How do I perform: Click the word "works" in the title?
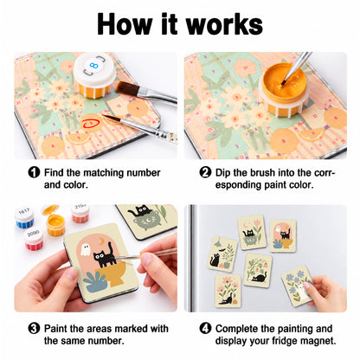click(224, 24)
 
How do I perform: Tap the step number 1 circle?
click(34, 172)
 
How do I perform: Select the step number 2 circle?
click(205, 172)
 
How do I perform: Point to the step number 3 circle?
click(34, 328)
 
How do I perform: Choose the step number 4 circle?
click(205, 328)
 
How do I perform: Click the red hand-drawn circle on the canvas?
click(91, 123)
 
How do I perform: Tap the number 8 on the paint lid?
click(93, 66)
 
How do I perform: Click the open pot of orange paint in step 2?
click(284, 89)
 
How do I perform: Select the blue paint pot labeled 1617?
click(24, 218)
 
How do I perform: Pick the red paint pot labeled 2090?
click(34, 240)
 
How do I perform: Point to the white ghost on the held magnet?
click(85, 250)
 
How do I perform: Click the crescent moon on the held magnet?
click(100, 241)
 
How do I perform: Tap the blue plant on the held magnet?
click(93, 282)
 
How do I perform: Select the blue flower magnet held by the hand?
click(297, 286)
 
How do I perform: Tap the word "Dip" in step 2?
click(223, 173)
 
